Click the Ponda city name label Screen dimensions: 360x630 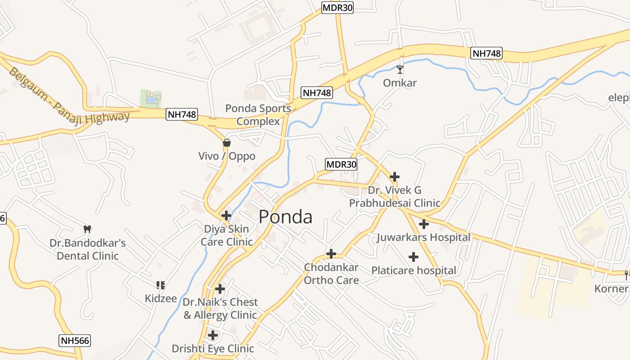tap(285, 217)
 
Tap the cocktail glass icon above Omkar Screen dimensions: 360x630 tap(400, 70)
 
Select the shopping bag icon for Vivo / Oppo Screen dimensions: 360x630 tap(227, 143)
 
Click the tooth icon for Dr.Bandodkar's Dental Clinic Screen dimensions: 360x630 tap(87, 229)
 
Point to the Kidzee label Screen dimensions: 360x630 tap(161, 298)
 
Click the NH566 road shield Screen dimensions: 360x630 tap(75, 341)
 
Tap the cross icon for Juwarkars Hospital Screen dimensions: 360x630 tap(423, 224)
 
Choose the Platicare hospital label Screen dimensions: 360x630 tap(414, 270)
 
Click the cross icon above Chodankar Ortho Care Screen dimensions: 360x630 tap(331, 254)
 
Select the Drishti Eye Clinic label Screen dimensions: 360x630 tap(213, 348)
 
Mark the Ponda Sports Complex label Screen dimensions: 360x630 tap(258, 115)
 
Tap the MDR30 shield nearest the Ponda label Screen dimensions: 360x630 tap(341, 164)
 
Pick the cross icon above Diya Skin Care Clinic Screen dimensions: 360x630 tap(226, 215)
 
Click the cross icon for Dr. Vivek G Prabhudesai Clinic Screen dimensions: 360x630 tap(395, 176)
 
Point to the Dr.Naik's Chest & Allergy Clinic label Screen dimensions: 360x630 tap(220, 308)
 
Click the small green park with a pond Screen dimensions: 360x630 tap(150, 99)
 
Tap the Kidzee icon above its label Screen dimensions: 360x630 tap(161, 285)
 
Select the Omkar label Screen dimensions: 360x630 tap(400, 83)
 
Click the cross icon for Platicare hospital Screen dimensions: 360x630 tap(414, 257)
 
